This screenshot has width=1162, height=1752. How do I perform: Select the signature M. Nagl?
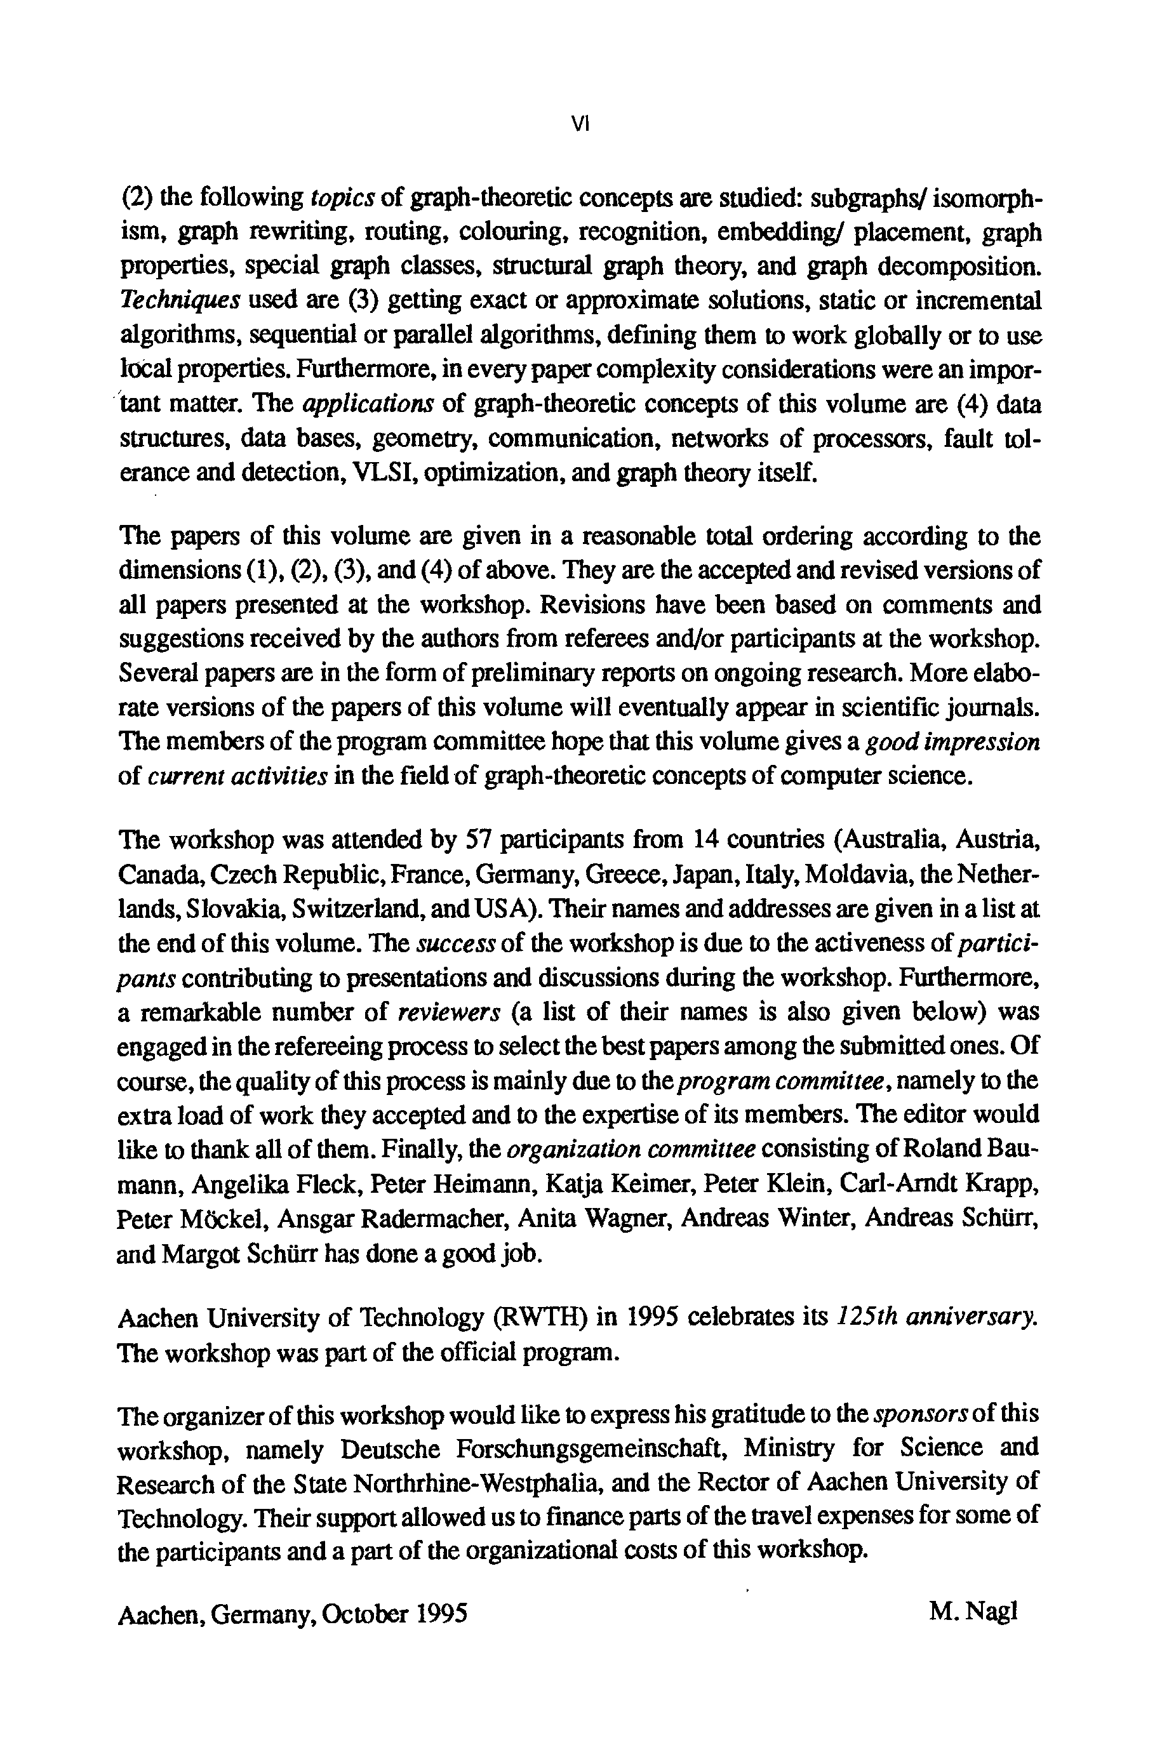coord(973,1611)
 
